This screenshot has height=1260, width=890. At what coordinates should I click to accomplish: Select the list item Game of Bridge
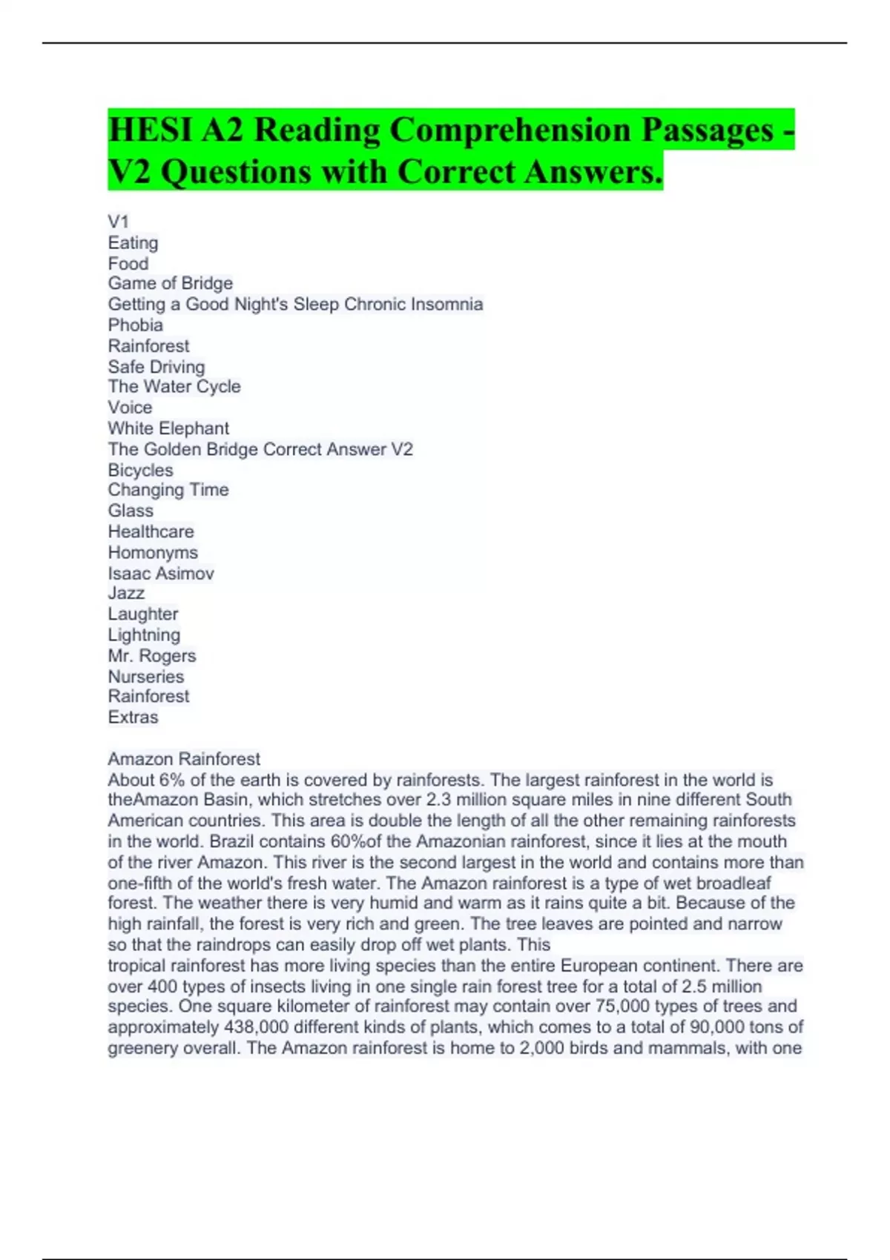(171, 283)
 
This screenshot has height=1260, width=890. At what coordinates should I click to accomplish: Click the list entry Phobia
(136, 325)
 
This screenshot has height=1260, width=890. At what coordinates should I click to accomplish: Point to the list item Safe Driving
(156, 366)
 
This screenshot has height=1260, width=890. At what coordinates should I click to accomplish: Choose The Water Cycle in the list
(174, 386)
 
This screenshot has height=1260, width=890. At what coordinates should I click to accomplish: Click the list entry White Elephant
(168, 428)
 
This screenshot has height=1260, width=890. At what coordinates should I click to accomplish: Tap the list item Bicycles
(141, 470)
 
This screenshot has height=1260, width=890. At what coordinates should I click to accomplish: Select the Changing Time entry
(168, 489)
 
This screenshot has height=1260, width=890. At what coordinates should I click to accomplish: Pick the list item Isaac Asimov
(161, 573)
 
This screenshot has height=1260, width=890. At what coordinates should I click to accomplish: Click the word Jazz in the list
(126, 593)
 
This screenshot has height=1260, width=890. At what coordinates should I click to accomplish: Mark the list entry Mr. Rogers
(152, 655)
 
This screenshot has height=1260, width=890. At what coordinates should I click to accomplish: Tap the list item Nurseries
(146, 676)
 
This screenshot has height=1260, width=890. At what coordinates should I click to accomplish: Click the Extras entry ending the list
(133, 717)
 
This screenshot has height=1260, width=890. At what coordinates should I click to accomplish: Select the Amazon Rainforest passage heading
(184, 758)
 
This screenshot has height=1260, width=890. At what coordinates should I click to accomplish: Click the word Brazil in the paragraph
(231, 841)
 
